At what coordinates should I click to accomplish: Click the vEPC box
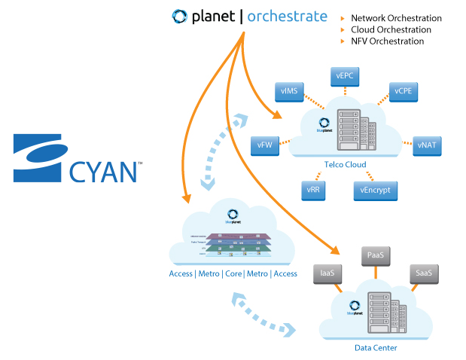[347, 76]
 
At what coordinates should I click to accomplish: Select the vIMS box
[289, 92]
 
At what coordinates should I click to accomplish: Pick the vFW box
[265, 144]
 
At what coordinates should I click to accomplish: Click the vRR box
[314, 190]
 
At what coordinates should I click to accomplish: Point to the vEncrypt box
[374, 190]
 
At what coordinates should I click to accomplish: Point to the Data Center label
[376, 348]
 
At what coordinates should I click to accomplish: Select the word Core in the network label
[233, 273]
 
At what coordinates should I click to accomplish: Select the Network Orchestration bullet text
[396, 18]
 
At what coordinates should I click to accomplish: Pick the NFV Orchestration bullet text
[388, 41]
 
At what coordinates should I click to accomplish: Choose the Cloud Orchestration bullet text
[391, 30]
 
